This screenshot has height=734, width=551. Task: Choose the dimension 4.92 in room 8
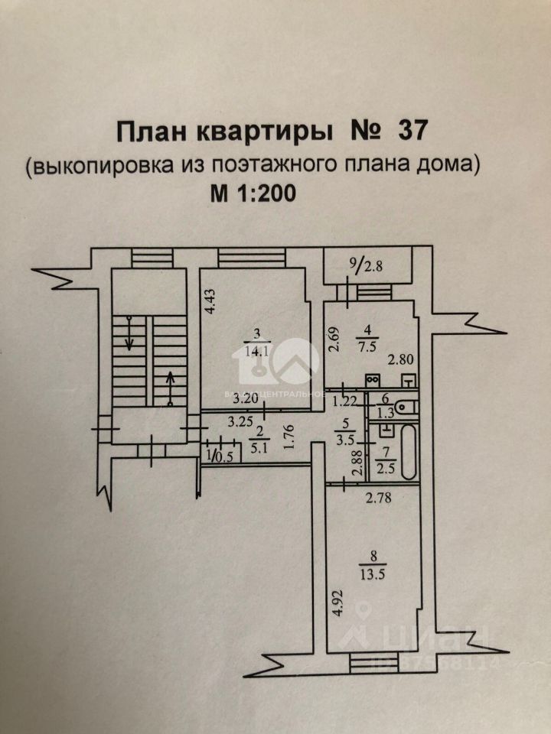(x=337, y=608)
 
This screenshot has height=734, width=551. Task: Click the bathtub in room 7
(x=406, y=451)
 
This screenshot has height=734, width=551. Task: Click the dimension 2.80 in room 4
(x=399, y=359)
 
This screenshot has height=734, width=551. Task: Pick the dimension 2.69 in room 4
(x=334, y=337)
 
